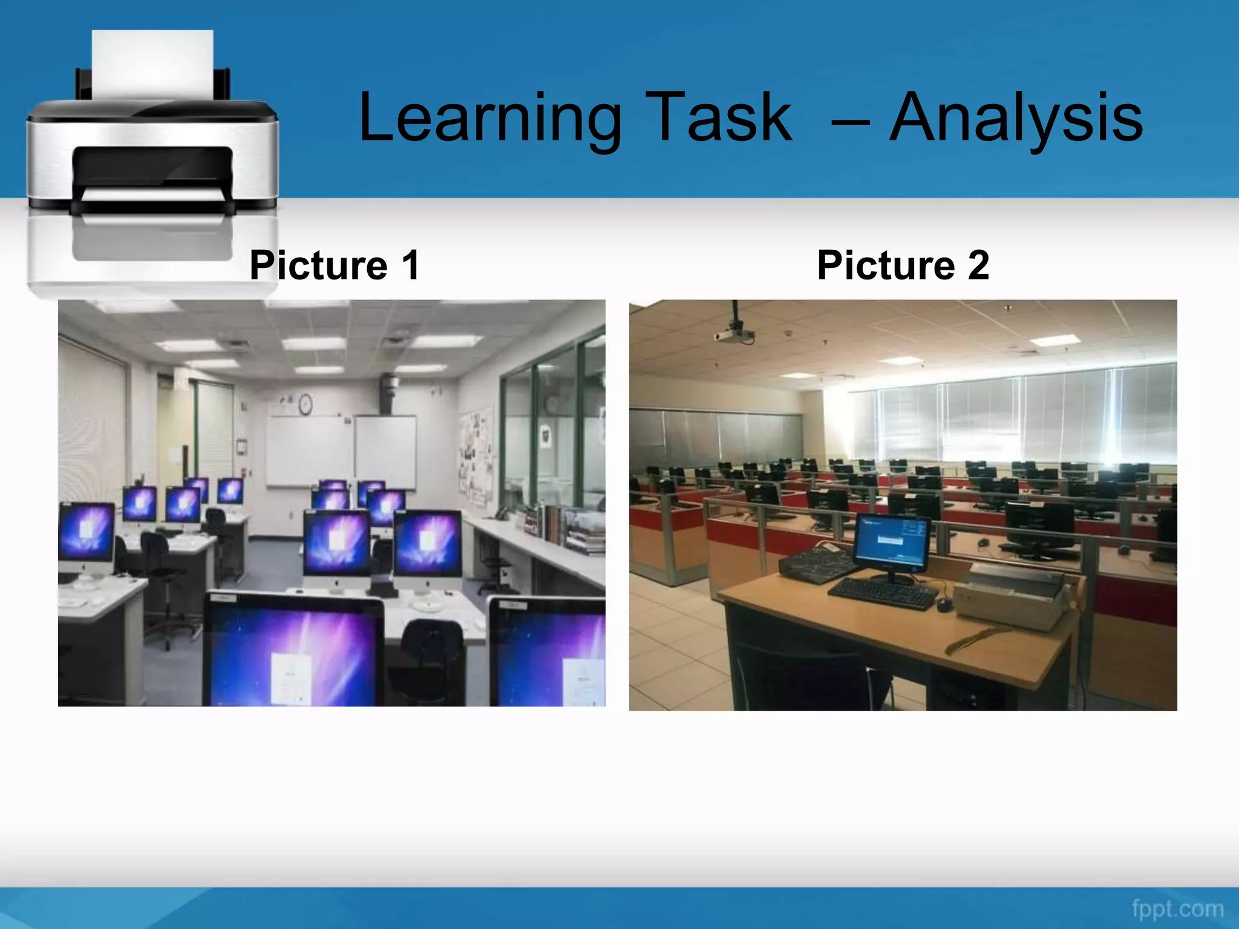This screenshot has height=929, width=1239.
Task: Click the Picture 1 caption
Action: (x=335, y=265)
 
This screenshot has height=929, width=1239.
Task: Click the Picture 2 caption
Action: (x=903, y=265)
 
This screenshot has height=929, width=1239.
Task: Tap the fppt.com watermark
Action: (x=1177, y=908)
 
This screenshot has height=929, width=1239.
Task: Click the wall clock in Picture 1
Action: (x=306, y=403)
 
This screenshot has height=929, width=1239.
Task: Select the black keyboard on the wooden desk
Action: (x=883, y=593)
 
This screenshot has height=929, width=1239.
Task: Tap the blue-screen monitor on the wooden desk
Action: (x=892, y=544)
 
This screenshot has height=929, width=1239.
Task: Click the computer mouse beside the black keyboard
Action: (x=943, y=604)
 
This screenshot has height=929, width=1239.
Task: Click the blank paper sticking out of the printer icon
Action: (x=152, y=64)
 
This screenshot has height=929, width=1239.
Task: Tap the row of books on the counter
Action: (x=566, y=526)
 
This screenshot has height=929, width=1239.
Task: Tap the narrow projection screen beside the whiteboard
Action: (x=385, y=451)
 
